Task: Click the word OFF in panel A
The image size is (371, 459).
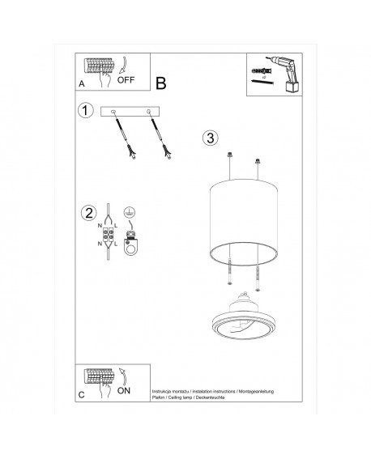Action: pos(127,80)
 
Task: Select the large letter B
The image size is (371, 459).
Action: pos(160,83)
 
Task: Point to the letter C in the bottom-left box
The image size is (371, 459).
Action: pos(80,394)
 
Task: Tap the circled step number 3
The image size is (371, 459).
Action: pos(210,137)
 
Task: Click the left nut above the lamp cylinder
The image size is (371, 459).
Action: pos(232,157)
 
